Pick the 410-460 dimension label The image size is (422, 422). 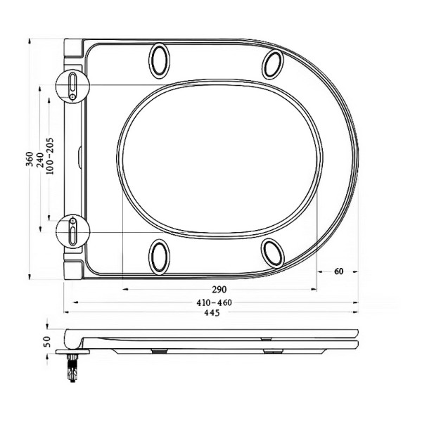(x=213, y=302)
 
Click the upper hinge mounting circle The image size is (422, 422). (x=74, y=86)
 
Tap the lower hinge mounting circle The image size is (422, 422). (x=74, y=229)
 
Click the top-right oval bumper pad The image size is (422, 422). (x=273, y=65)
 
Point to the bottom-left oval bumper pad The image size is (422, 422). (x=160, y=256)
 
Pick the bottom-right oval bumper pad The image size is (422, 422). (x=273, y=252)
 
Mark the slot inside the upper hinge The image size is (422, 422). (x=72, y=84)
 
